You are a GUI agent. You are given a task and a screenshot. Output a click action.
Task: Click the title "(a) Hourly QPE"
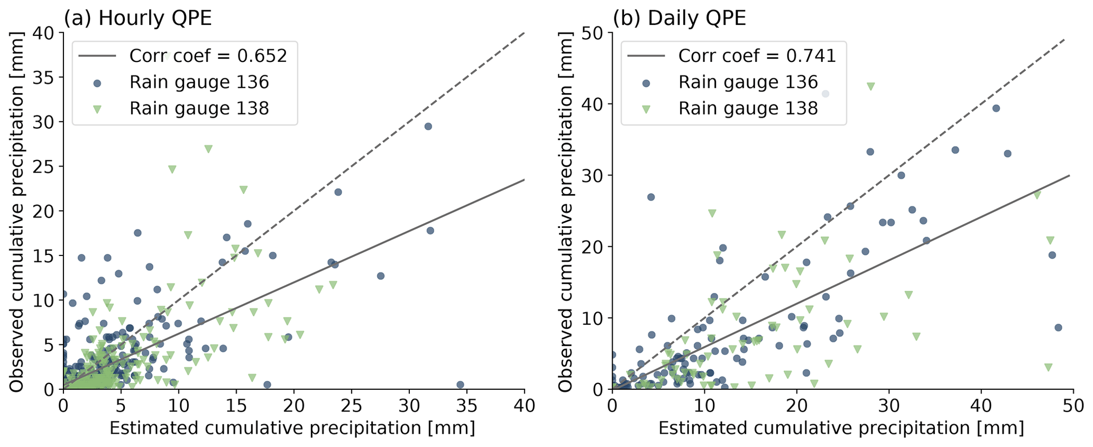[137, 19]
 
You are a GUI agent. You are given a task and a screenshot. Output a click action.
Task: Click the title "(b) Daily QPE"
[679, 19]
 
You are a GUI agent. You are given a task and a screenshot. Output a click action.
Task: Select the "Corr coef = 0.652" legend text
[208, 56]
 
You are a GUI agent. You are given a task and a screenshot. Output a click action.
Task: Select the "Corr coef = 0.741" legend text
[757, 56]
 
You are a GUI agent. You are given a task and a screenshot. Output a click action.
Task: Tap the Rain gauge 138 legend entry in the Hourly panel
[199, 108]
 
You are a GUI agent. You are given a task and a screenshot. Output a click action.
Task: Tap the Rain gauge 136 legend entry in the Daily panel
[748, 83]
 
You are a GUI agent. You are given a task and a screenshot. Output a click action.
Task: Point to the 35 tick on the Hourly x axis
[467, 406]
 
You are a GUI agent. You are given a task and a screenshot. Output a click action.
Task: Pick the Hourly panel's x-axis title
[292, 428]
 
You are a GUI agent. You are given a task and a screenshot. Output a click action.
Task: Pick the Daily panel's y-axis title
[566, 212]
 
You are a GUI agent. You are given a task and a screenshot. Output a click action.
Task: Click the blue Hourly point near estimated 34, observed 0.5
[460, 385]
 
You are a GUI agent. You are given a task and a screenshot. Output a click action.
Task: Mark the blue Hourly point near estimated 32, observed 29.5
[428, 126]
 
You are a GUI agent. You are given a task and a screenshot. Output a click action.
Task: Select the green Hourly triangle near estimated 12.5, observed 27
[208, 149]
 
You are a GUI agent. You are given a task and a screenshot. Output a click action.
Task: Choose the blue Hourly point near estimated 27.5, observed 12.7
[381, 276]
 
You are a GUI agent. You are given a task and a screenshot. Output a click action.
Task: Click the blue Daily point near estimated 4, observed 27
[651, 197]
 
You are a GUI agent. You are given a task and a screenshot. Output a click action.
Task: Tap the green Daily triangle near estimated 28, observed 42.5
[870, 86]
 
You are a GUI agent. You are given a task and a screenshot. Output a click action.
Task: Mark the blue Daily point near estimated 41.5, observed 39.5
[996, 108]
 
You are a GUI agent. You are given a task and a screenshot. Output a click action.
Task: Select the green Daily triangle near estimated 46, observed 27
[1037, 195]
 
